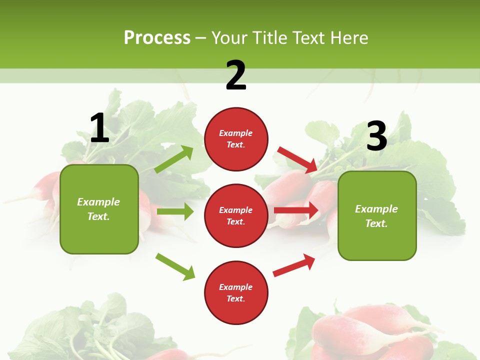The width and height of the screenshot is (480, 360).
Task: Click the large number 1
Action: pyautogui.click(x=99, y=128)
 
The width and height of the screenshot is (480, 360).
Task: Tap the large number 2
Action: pyautogui.click(x=236, y=75)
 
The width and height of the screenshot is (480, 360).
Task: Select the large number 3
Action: pyautogui.click(x=377, y=136)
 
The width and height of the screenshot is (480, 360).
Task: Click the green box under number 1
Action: pyautogui.click(x=99, y=209)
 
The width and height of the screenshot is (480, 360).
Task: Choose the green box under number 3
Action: pyautogui.click(x=377, y=215)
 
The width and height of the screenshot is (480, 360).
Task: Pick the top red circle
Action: pyautogui.click(x=236, y=139)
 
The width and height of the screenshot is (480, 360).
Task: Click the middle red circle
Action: pyautogui.click(x=236, y=215)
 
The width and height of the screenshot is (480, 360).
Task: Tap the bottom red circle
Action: pyautogui.click(x=236, y=292)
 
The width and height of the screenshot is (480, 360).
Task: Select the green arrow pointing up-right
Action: pyautogui.click(x=174, y=159)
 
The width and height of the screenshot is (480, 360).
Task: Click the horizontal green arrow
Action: pyautogui.click(x=175, y=211)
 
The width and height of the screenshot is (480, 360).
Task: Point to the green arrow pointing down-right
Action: pyautogui.click(x=175, y=266)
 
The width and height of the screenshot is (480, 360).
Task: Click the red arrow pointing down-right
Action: pyautogui.click(x=298, y=159)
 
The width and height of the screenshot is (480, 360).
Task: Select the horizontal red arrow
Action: pyautogui.click(x=296, y=210)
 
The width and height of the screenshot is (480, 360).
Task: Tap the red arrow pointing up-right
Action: pyautogui.click(x=294, y=264)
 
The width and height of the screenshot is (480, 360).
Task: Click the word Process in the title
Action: pyautogui.click(x=157, y=37)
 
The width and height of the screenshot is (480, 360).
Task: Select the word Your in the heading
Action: pyautogui.click(x=229, y=37)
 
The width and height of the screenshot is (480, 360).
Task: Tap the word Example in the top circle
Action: pyautogui.click(x=236, y=133)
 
